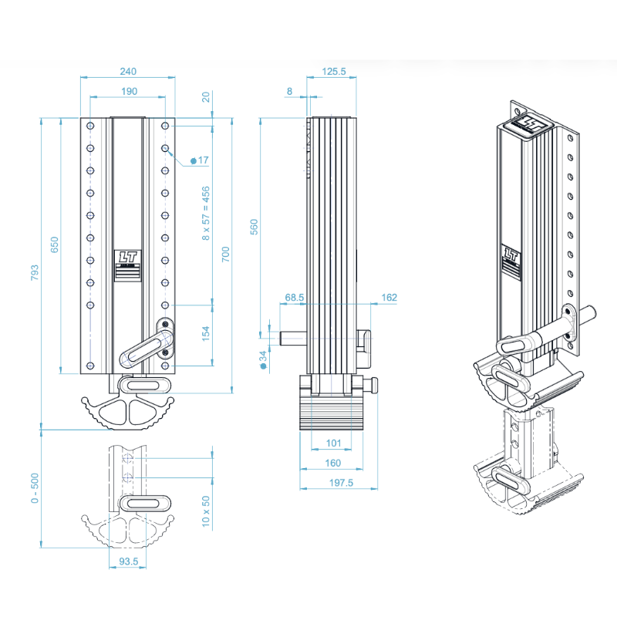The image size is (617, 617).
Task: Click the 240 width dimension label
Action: pyautogui.click(x=128, y=72)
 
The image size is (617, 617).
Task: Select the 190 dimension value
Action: pyautogui.click(x=128, y=92)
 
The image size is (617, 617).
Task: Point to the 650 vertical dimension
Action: pyautogui.click(x=55, y=245)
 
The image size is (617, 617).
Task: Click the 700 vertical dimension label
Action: pyautogui.click(x=226, y=255)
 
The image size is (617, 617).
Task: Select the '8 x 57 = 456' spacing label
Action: pyautogui.click(x=205, y=213)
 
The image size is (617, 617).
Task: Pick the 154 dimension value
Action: pyautogui.click(x=205, y=334)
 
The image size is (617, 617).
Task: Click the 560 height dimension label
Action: pyautogui.click(x=255, y=227)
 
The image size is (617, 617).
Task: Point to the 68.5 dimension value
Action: pyautogui.click(x=295, y=297)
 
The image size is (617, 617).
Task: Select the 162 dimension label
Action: pyautogui.click(x=389, y=297)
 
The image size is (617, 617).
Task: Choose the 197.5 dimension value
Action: pyautogui.click(x=339, y=483)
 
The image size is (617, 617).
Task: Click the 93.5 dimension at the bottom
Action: pyautogui.click(x=128, y=562)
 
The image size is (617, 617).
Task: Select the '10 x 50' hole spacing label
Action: pyautogui.click(x=205, y=510)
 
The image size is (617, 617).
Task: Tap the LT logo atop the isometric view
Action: pyautogui.click(x=531, y=123)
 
